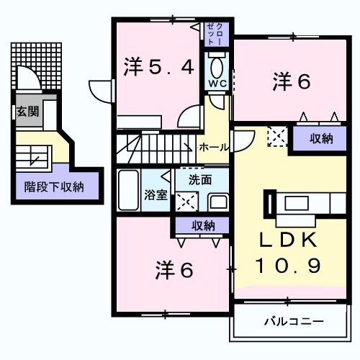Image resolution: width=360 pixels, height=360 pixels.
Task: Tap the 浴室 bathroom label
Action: tap(155, 194)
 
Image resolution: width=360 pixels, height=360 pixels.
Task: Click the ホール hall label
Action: tap(215, 147)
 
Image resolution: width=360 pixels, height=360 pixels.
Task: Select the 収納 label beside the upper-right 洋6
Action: tap(321, 139)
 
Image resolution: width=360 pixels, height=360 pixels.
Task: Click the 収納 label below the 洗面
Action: tap(203, 225)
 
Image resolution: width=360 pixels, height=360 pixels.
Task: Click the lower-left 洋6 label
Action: tap(174, 271)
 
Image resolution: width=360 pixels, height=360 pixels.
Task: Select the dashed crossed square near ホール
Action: tap(277, 136)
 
